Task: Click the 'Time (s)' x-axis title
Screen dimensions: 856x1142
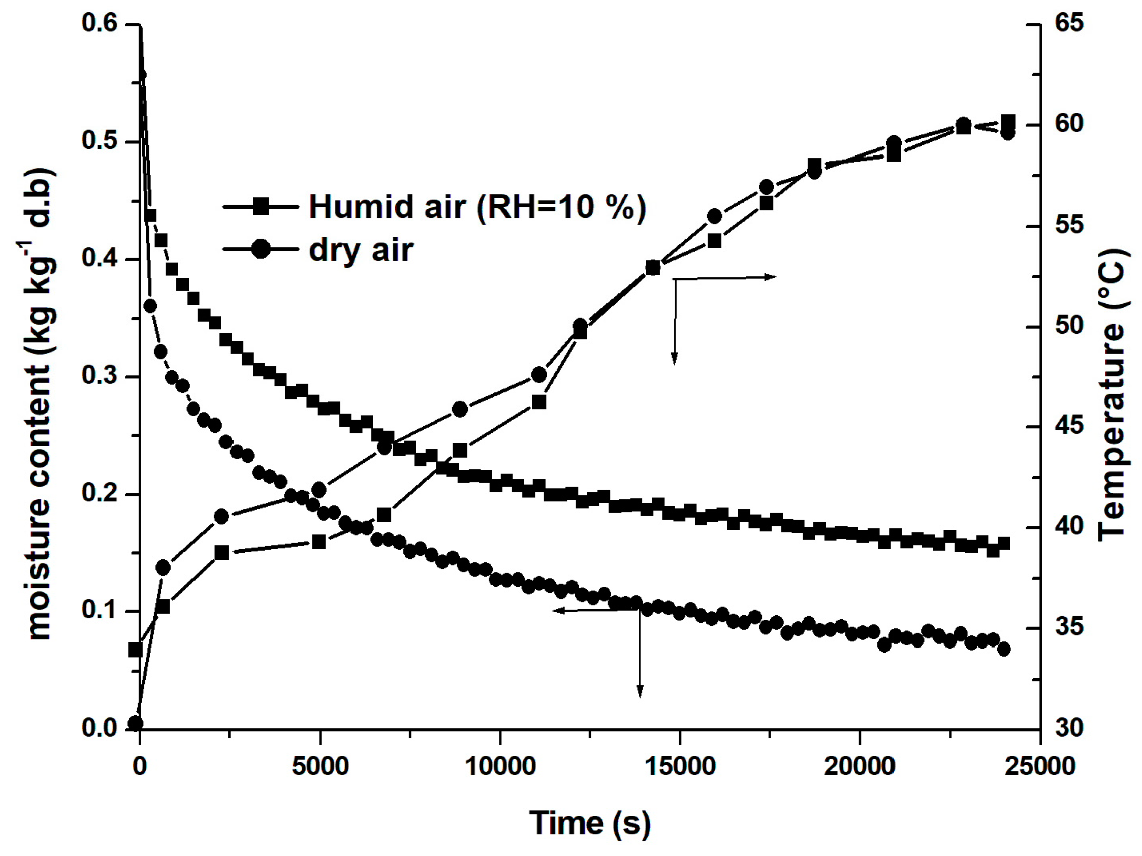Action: pyautogui.click(x=590, y=823)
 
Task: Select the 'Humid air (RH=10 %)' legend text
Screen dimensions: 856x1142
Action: pyautogui.click(x=477, y=207)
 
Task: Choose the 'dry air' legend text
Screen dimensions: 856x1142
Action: pyautogui.click(x=361, y=250)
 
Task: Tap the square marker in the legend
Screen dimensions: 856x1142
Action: pyautogui.click(x=261, y=207)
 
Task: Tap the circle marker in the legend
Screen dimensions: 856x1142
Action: pyautogui.click(x=261, y=250)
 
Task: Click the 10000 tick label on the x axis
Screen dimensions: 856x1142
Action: pyautogui.click(x=500, y=766)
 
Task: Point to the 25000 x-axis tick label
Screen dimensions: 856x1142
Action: pyautogui.click(x=1039, y=766)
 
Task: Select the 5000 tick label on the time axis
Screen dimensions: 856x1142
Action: pyautogui.click(x=320, y=766)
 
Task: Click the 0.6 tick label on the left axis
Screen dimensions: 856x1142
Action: pyautogui.click(x=100, y=24)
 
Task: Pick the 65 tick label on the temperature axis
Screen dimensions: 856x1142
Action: pyautogui.click(x=1068, y=24)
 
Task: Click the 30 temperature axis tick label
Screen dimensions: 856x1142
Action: pyautogui.click(x=1068, y=728)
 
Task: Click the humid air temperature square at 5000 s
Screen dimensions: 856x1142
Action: pyautogui.click(x=319, y=542)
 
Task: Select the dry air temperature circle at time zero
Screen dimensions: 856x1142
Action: pyautogui.click(x=135, y=723)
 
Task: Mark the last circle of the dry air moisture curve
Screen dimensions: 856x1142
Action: pyautogui.click(x=1004, y=649)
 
